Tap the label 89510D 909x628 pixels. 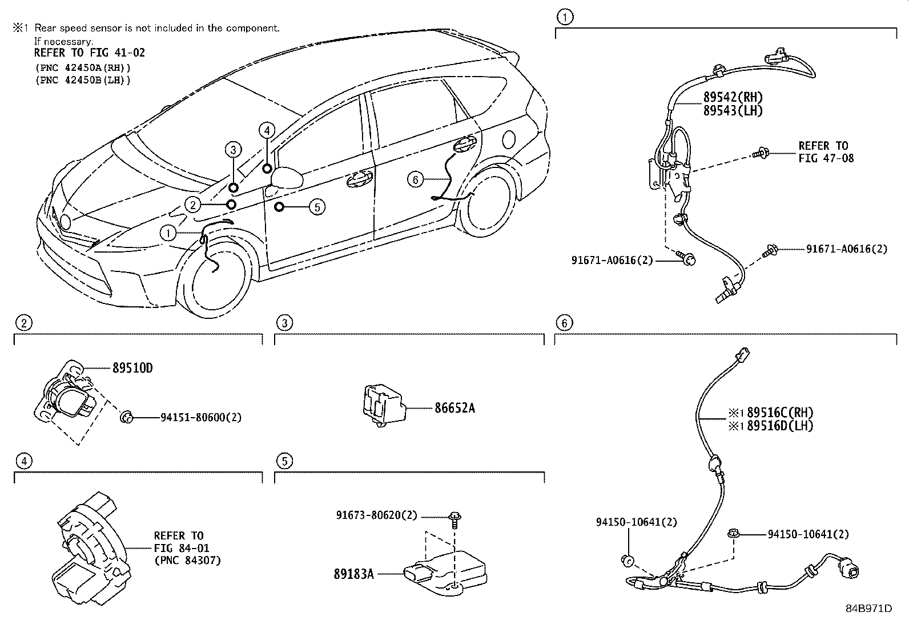(x=132, y=368)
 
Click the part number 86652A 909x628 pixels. (x=454, y=408)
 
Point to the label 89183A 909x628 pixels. (x=353, y=574)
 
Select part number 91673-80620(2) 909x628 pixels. (x=377, y=515)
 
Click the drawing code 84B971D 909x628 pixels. (x=868, y=609)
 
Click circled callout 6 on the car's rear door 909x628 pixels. (x=415, y=179)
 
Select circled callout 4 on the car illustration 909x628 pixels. (x=267, y=130)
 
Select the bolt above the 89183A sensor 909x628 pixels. (x=455, y=518)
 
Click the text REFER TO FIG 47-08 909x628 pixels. (x=825, y=152)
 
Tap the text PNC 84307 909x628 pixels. (x=187, y=561)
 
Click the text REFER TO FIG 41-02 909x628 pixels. (x=89, y=53)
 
